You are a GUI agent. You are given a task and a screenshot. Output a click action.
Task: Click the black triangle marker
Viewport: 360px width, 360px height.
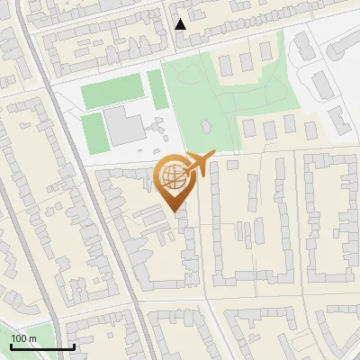tap(181, 24)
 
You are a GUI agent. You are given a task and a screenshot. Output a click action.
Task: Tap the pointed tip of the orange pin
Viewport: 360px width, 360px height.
tap(174, 211)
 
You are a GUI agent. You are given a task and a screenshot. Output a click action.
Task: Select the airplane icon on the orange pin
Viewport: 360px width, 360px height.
tap(198, 164)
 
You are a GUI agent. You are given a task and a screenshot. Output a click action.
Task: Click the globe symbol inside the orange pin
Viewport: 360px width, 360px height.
tap(173, 175)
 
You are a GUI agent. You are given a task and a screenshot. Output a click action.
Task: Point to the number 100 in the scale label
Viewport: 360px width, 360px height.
tap(19, 338)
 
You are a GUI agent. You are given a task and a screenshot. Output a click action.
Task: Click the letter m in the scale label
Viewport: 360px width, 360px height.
tap(32, 338)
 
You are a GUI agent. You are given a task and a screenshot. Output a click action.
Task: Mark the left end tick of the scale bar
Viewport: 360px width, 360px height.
tap(10, 346)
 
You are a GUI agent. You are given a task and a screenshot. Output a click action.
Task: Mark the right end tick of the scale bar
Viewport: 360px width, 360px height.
tap(74, 346)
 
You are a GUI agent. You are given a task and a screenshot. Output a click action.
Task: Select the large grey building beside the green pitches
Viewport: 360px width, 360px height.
tap(122, 126)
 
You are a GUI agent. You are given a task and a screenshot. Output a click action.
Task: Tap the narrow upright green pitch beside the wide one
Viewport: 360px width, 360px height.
tap(157, 89)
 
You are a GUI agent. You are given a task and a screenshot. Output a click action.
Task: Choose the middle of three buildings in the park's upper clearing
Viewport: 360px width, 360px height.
tap(245, 63)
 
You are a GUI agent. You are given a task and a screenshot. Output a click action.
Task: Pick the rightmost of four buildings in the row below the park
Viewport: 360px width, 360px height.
tap(310, 130)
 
